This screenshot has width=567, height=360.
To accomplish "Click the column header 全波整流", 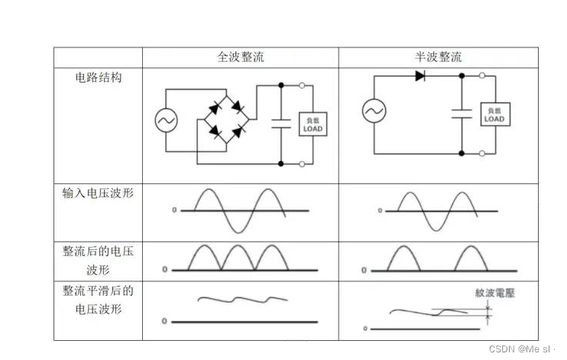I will [x=241, y=57].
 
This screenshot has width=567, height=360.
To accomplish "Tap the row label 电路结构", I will [x=98, y=77].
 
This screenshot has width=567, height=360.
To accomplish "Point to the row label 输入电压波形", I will [x=98, y=193].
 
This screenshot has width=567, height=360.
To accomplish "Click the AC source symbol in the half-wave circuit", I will [x=374, y=112].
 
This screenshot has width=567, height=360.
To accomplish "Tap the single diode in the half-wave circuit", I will [x=420, y=76].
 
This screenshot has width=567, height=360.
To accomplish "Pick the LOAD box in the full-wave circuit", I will [x=313, y=125].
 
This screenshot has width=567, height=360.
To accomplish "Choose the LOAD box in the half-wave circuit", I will [x=494, y=115].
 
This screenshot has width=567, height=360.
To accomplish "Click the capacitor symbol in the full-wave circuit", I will [x=281, y=125].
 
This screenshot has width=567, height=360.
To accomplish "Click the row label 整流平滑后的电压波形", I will [x=98, y=300].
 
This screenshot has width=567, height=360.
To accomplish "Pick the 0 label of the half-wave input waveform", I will [x=380, y=209].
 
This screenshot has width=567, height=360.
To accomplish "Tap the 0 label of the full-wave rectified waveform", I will [x=164, y=270].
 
